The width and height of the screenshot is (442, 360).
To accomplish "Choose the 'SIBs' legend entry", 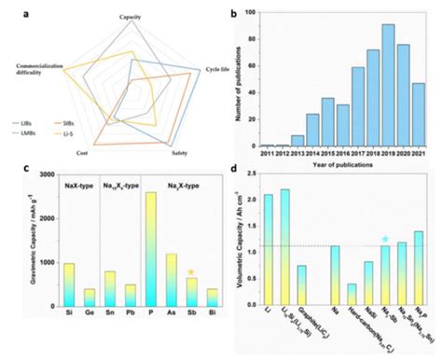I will pos(69,123).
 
